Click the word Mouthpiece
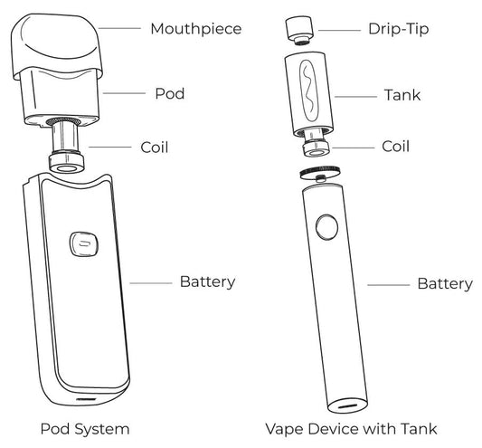pos(196,30)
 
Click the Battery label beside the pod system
pos(208,281)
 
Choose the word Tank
pos(402,94)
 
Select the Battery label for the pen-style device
pos(444,284)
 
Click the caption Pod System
pos(85,427)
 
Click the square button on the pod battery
pos(81,243)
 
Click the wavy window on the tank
pos(304,93)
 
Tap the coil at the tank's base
pos(316,148)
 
